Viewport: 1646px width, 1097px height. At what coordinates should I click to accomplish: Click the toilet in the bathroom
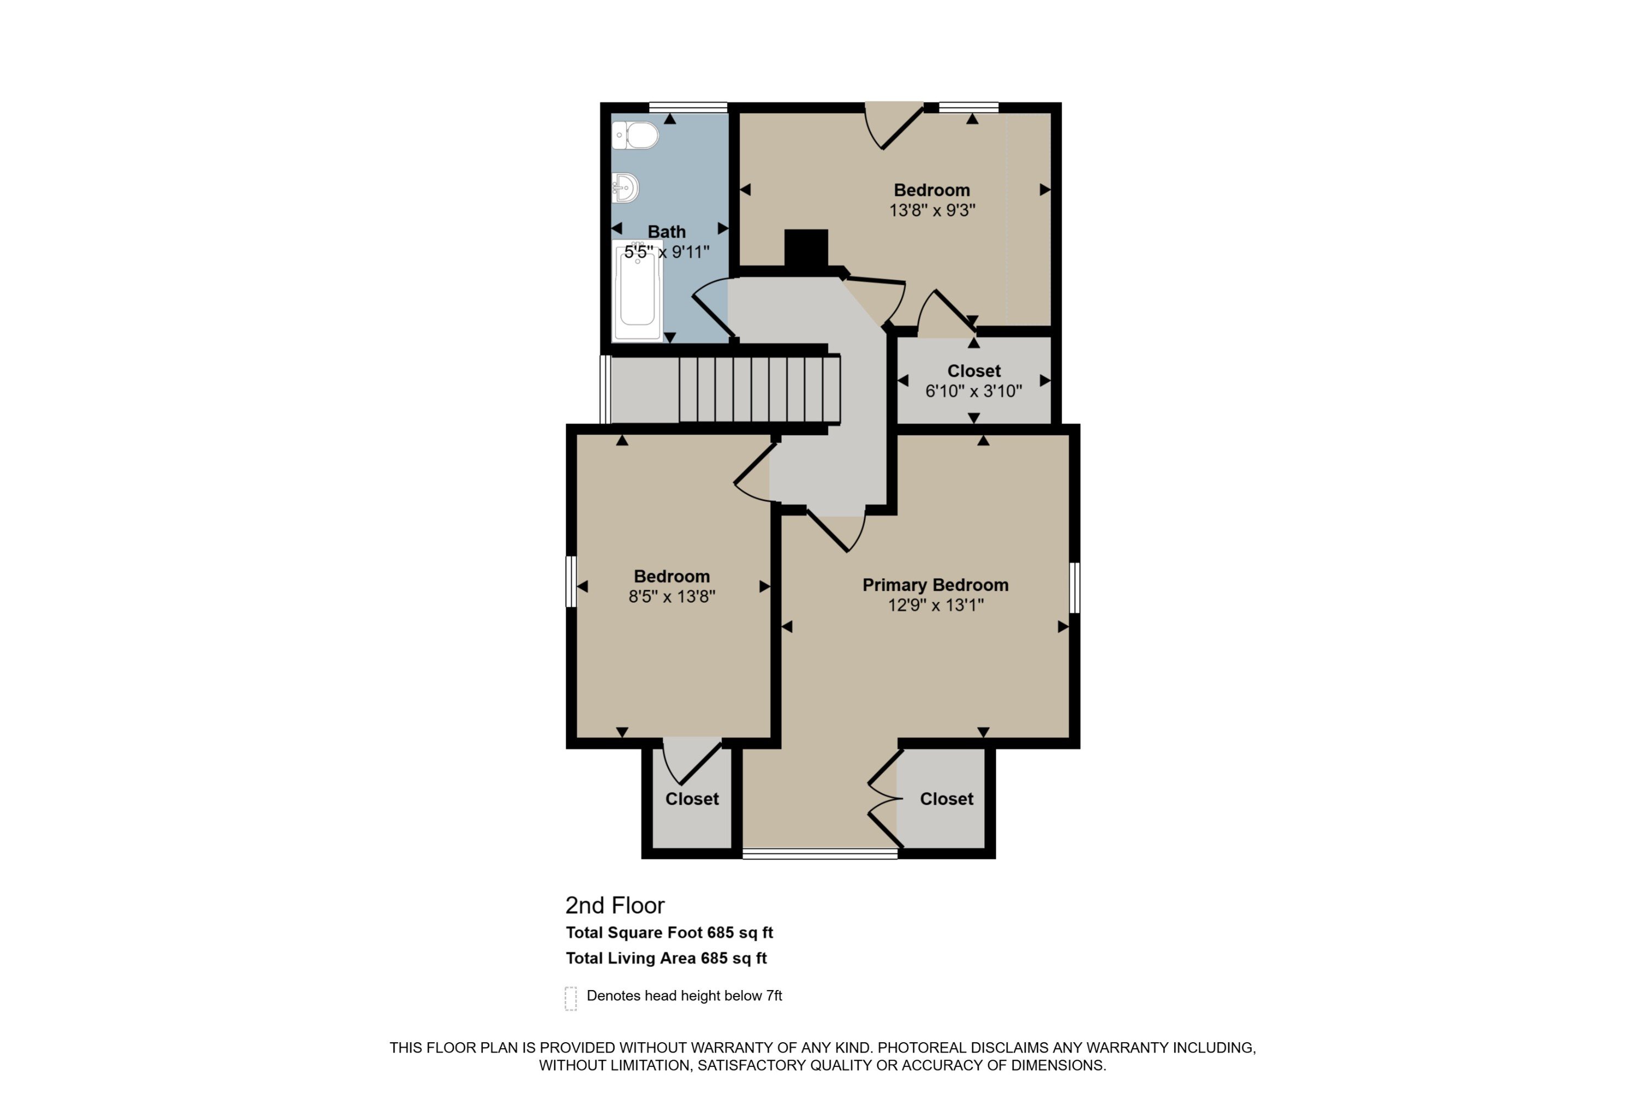coord(635,135)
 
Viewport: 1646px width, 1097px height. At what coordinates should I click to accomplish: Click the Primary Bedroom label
coord(935,585)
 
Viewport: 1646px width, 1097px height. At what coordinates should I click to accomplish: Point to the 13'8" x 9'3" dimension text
coord(932,210)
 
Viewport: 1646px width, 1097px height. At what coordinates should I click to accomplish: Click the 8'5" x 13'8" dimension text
coord(671,597)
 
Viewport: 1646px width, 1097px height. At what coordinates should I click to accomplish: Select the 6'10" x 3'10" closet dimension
coord(973,391)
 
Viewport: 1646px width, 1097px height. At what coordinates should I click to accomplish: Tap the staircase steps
coord(759,389)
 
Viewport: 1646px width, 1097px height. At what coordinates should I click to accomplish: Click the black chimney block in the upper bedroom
coord(805,248)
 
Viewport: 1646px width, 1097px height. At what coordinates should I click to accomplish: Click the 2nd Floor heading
coord(615,906)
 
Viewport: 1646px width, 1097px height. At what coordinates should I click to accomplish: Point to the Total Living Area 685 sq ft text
coord(666,958)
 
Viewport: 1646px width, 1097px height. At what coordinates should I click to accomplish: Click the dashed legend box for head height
coord(571,998)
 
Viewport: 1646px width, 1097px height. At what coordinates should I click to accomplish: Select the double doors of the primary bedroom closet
coord(884,798)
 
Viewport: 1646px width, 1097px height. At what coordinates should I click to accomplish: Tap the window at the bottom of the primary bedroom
coord(820,853)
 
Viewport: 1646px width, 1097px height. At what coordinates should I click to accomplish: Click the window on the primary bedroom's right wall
coord(1075,587)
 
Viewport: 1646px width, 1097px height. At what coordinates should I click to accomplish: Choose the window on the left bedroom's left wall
coord(571,581)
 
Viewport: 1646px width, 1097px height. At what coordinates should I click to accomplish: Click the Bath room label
coord(666,231)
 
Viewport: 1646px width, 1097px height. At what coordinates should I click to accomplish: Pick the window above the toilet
coord(688,108)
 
